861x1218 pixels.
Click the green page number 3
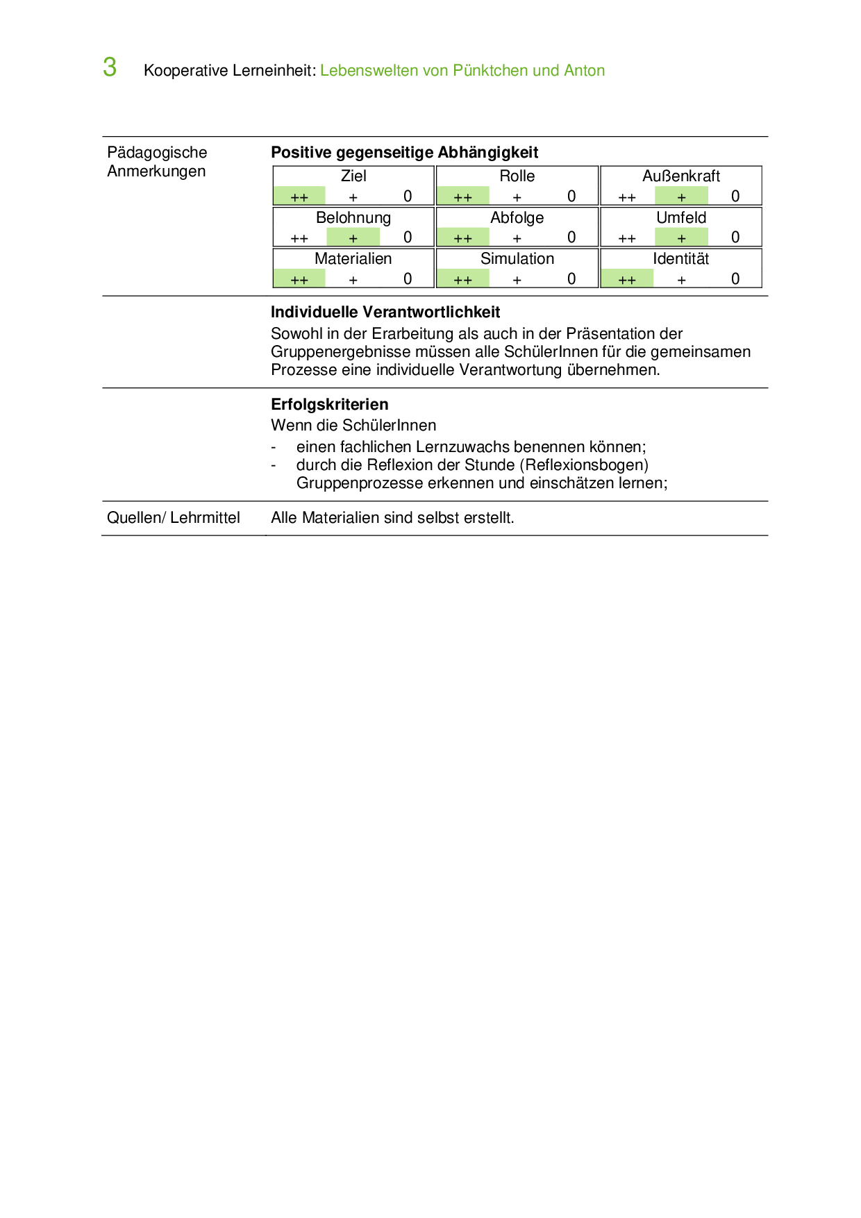110,67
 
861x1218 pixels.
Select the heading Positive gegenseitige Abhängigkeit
404,153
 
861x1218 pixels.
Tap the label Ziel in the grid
353,176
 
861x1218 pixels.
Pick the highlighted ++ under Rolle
462,197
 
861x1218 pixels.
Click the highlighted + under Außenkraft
681,197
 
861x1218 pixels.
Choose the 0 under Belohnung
408,237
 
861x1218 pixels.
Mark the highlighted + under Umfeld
681,238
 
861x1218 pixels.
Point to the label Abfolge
517,218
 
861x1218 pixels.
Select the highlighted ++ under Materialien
299,280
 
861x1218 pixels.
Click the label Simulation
517,259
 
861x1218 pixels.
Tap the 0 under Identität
735,279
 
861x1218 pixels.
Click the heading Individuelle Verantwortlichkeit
385,312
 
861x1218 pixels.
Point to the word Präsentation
612,334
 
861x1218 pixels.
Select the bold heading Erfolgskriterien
329,405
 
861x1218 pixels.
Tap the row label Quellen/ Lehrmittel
173,518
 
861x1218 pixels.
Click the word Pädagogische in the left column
157,153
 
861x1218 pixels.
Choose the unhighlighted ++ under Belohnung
299,238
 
